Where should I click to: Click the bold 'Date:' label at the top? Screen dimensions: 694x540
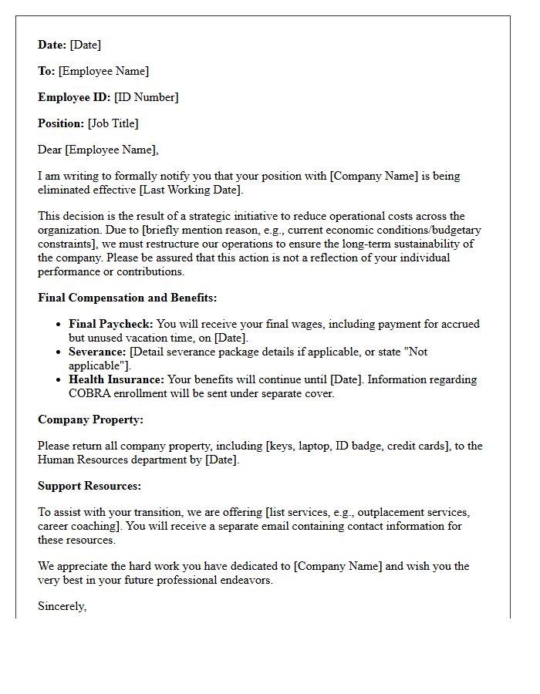(x=52, y=45)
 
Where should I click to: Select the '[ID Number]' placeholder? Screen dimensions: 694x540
(x=146, y=97)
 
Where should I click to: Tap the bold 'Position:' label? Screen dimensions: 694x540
(x=61, y=123)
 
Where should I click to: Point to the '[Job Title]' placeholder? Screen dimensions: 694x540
(x=113, y=123)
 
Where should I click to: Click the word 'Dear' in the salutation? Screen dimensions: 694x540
(x=49, y=150)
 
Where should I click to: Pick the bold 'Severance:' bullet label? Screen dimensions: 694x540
(x=97, y=352)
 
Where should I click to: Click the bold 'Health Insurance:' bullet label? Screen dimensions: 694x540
(x=116, y=379)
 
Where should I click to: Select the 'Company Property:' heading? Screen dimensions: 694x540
(x=90, y=419)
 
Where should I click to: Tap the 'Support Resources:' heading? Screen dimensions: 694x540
(x=89, y=486)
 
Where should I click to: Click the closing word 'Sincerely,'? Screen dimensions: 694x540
(x=62, y=606)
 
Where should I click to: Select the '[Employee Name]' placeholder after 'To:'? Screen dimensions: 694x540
(x=103, y=71)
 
